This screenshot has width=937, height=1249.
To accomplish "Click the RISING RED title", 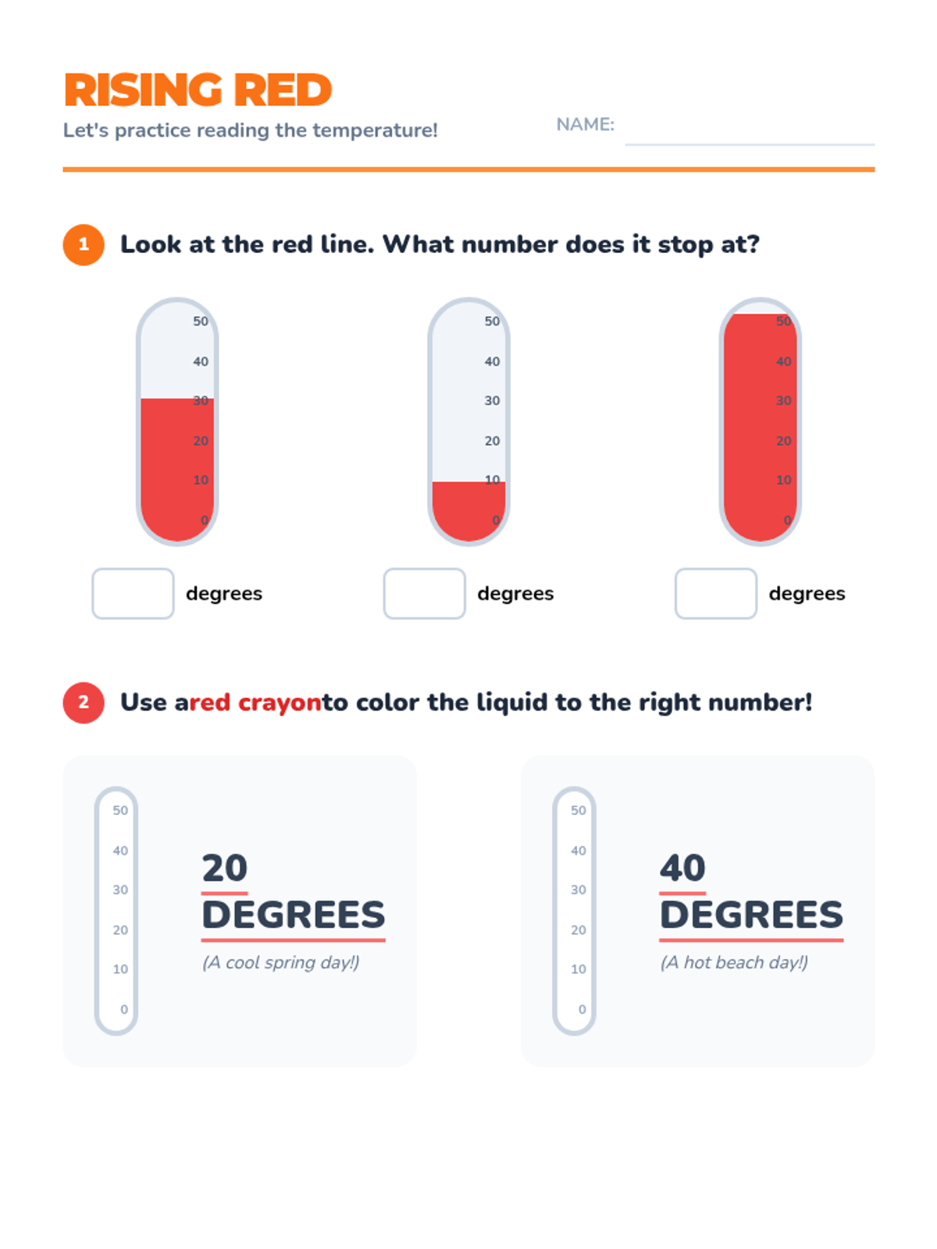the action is coord(198,90).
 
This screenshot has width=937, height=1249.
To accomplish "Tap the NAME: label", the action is coord(585,124).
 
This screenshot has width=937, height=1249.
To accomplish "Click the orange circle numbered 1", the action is coord(84,244).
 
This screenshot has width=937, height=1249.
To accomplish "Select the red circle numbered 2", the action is coord(84,703).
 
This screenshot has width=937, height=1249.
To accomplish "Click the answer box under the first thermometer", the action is coord(133,593).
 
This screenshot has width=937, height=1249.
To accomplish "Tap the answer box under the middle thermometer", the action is coord(425,593).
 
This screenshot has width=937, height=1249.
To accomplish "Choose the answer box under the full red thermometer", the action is coord(716,593).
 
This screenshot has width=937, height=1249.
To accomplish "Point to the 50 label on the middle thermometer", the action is coord(492,321).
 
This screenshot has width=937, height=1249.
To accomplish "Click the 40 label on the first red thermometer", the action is coord(201,361).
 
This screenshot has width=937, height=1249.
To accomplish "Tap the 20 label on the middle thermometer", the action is coord(492,440).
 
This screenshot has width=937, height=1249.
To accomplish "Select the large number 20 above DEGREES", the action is coord(225,868).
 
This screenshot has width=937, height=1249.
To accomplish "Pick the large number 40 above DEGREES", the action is coord(682,868).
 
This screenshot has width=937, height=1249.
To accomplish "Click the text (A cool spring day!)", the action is coord(281,963).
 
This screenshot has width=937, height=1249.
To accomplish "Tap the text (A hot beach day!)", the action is coord(734,963).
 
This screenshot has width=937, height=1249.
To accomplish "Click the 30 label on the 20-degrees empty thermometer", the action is coord(120,889).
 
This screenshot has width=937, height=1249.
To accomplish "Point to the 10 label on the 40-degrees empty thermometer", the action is coord(579,969).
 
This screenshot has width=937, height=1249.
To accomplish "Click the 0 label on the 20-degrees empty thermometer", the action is coord(124,1009).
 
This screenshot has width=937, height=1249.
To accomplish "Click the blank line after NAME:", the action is coord(750,144).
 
